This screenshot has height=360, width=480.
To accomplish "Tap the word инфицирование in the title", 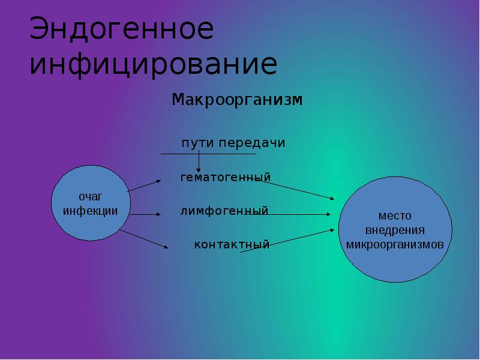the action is (x=153, y=65).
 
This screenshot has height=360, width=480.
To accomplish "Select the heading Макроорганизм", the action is (x=237, y=99).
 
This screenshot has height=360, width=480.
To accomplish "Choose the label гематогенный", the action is (x=226, y=178).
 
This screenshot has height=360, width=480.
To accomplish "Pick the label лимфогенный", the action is (x=224, y=211).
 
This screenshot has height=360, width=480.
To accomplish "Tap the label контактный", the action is (x=232, y=245).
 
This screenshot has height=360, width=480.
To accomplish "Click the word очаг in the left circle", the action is (x=90, y=197).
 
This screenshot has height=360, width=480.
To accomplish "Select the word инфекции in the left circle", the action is (x=90, y=211).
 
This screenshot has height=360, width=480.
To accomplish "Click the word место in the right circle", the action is (x=394, y=217).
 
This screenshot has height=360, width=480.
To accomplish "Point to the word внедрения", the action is (x=394, y=230).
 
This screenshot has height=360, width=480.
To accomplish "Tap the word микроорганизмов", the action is (x=394, y=245).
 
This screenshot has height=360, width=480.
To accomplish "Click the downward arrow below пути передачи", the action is (x=200, y=163).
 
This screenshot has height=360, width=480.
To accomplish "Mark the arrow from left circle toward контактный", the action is (x=144, y=239).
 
